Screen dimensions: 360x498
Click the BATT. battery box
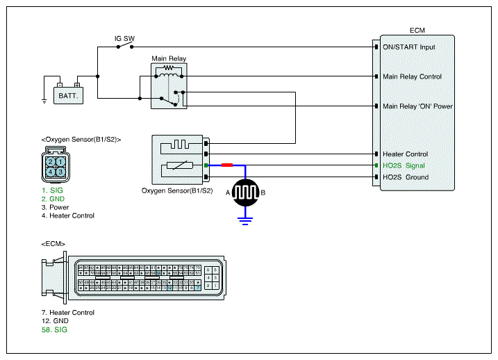tap(68, 95)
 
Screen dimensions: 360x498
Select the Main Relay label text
tap(169, 59)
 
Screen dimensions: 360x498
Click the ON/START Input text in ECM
tap(409, 47)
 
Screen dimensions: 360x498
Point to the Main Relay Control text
tap(412, 76)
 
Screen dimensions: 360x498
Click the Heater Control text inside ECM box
tap(405, 154)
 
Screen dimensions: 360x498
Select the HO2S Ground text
tap(406, 177)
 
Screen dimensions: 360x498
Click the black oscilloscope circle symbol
tap(245, 191)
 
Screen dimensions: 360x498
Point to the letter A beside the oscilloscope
tap(227, 192)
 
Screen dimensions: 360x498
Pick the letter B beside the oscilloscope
tap(263, 192)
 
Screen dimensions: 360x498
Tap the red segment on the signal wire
tap(227, 165)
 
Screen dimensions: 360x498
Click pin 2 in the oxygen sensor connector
tap(51, 161)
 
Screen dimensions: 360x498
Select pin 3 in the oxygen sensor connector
tap(61, 171)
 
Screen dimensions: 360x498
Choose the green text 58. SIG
tap(54, 330)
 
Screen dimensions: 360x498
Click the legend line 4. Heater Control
tap(67, 215)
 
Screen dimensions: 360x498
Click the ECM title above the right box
tap(417, 31)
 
